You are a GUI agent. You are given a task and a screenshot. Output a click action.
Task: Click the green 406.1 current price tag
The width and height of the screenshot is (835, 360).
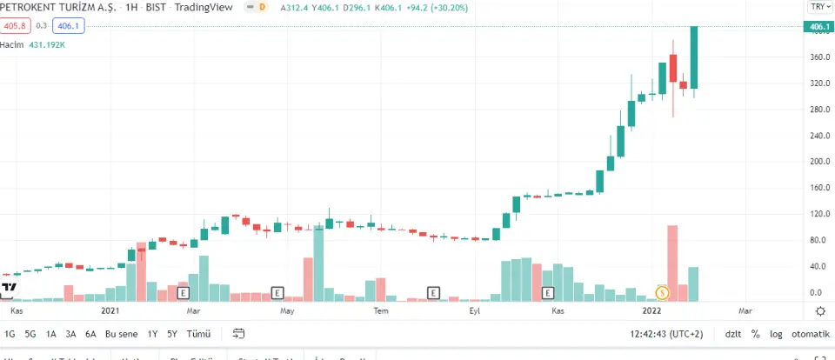(x=818, y=27)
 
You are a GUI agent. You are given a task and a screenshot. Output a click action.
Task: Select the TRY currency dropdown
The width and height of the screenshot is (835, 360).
(x=818, y=6)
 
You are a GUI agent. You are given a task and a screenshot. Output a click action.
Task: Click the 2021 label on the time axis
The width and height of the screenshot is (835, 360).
(x=110, y=310)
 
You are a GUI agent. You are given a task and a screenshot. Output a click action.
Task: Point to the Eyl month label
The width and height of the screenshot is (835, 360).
(x=475, y=310)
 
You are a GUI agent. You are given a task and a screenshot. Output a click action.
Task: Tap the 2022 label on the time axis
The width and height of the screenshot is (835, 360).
(x=653, y=310)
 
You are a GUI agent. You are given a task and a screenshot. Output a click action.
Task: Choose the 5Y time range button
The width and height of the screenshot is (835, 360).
(x=172, y=334)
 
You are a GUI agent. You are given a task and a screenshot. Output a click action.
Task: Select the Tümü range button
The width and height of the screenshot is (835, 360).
(x=199, y=334)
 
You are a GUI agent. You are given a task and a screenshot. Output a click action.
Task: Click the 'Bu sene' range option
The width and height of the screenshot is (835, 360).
(x=122, y=334)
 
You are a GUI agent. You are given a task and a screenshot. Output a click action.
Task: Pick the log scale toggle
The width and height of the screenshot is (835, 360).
(x=774, y=334)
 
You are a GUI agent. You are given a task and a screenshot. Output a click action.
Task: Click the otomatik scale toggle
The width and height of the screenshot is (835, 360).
(x=811, y=334)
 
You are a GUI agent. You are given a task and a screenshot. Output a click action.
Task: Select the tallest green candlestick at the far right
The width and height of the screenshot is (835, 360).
(x=694, y=57)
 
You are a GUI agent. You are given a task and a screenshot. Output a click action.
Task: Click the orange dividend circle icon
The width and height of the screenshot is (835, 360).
(x=662, y=293)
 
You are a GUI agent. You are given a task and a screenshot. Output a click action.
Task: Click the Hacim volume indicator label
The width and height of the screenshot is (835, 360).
(x=11, y=43)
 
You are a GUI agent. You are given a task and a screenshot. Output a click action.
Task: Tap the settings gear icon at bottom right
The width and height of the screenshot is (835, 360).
(x=820, y=310)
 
